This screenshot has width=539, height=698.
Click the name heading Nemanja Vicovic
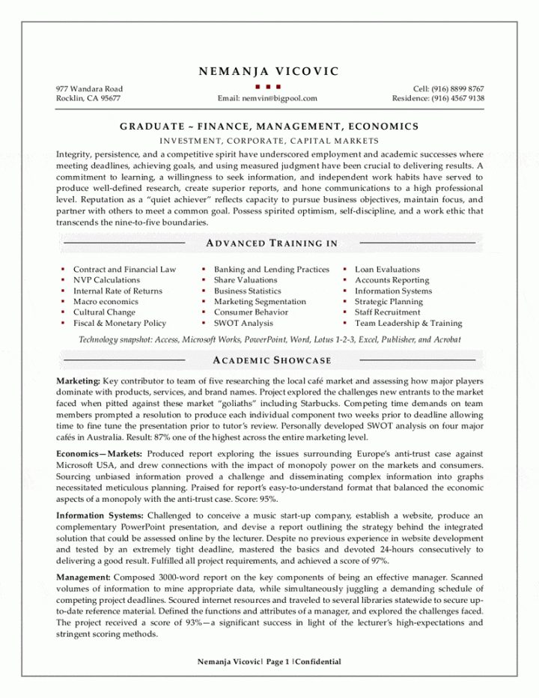point(269,72)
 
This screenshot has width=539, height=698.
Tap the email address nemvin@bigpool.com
point(267,98)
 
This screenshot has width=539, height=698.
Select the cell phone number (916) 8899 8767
point(448,88)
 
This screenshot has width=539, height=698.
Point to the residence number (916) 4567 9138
point(438,98)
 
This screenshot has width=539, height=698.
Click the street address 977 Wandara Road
point(90,88)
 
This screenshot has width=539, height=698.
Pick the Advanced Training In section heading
point(271,243)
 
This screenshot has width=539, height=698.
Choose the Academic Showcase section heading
point(272,360)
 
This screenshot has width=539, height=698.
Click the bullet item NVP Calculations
point(106,280)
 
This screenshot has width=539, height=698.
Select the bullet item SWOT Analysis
point(243,324)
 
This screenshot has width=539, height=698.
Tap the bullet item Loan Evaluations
point(387,270)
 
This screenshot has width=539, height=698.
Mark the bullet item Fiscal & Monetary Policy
point(120,324)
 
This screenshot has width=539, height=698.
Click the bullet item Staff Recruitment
point(388,312)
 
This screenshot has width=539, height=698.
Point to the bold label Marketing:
point(78,381)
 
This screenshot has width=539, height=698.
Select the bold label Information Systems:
point(100,516)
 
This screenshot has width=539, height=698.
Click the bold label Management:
point(84,577)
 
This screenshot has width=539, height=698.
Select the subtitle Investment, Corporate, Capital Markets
point(269,141)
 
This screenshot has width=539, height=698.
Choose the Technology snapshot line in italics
point(269,339)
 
